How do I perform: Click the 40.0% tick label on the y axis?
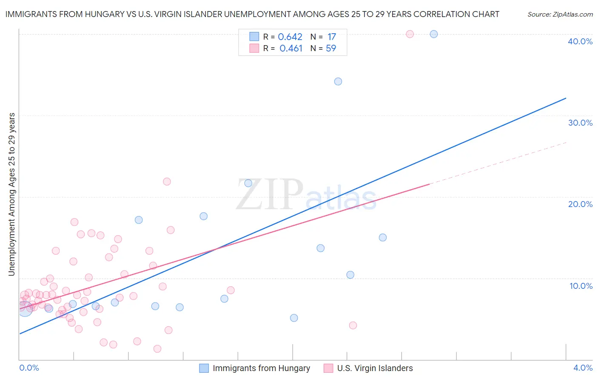pos(580,41)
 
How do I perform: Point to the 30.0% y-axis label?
pos(580,123)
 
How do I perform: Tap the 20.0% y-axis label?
pos(580,204)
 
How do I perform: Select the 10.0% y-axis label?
pos(581,286)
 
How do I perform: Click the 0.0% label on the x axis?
pos(29,368)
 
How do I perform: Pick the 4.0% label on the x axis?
pos(583,368)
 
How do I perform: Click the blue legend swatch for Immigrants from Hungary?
pos(204,368)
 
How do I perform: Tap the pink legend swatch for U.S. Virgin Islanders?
pos(328,368)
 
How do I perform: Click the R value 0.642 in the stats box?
pos(290,37)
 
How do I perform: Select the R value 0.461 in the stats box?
pos(291,49)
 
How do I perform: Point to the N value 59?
pos(331,49)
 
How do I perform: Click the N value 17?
pos(332,37)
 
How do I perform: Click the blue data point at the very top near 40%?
pos(434,34)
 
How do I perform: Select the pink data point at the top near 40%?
pos(410,34)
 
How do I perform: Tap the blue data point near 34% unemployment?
pos(338,81)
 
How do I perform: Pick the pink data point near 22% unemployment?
pos(167,181)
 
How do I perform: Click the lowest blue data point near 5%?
pos(294,318)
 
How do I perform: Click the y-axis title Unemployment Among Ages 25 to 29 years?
pos(12,194)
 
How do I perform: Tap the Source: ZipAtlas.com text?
pos(560,14)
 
